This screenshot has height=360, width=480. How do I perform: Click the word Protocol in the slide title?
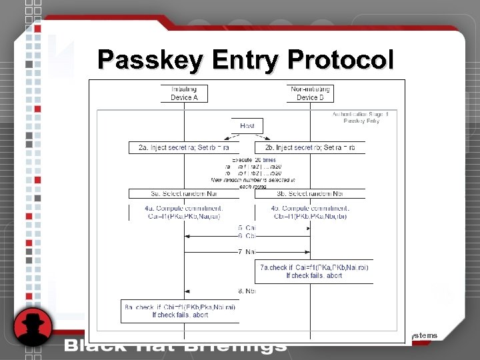coord(341,60)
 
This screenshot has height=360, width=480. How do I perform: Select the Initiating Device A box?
coord(185,93)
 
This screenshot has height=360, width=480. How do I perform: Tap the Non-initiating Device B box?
coord(310,93)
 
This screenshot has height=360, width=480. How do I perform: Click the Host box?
coord(247,125)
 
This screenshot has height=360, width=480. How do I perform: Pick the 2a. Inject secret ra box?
coord(184,147)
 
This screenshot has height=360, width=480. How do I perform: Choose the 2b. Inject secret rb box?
coord(310,147)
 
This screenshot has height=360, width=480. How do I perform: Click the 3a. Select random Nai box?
coord(184,193)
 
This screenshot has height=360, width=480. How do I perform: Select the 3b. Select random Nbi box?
coord(310,193)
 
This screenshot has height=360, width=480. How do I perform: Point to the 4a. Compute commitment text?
coord(184,212)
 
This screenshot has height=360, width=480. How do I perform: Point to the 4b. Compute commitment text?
coord(310,212)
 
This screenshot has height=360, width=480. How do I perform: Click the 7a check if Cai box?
coord(314,271)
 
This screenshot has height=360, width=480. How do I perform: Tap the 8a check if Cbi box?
coord(180,311)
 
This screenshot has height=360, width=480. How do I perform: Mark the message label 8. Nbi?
coord(247,291)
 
